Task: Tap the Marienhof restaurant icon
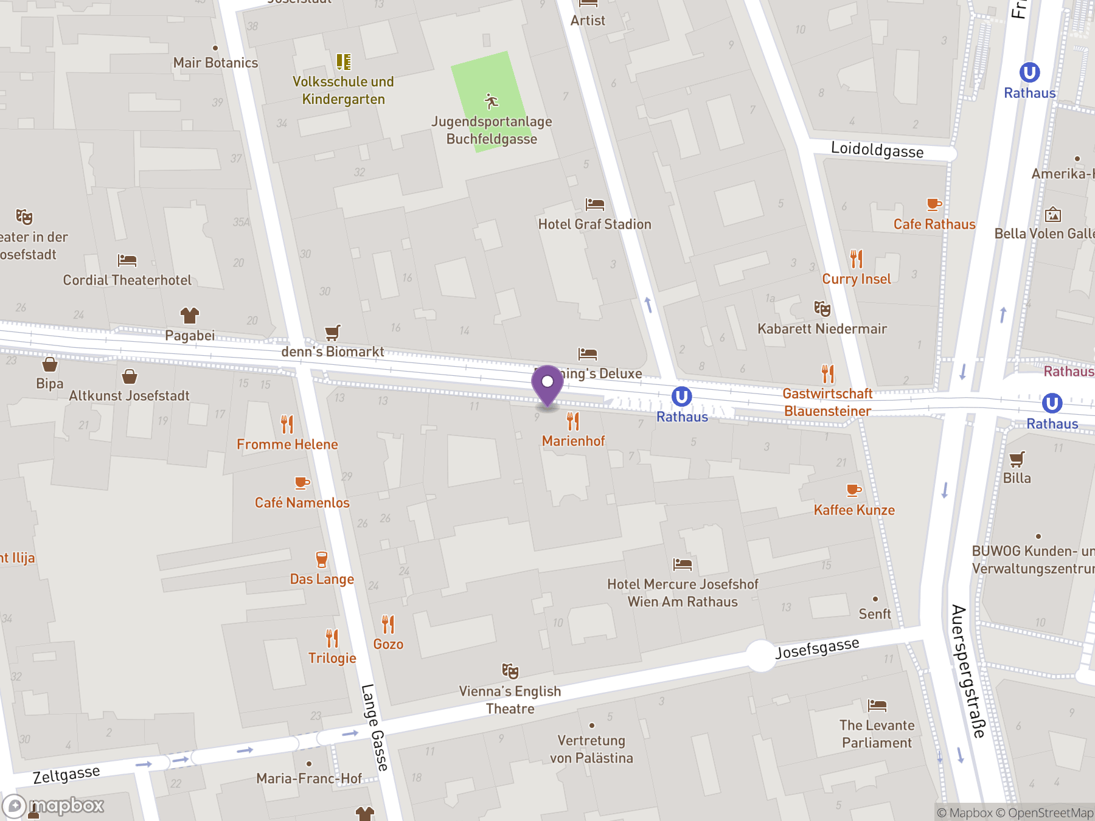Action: [573, 421]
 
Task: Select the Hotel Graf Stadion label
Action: [594, 224]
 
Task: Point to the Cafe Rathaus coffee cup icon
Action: [934, 204]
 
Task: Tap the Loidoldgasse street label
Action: [877, 150]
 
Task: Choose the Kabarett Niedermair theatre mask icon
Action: [822, 309]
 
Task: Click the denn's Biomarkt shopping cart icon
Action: [332, 332]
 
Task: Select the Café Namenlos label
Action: [302, 503]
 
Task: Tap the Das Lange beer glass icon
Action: [321, 559]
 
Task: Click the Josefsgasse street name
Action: [817, 648]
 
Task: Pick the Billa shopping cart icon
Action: [1017, 459]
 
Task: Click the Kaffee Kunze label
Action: [854, 510]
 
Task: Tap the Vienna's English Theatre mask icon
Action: [510, 671]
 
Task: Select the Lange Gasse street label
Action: [374, 727]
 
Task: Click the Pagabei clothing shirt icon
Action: [190, 316]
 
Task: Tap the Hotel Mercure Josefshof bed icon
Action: [682, 564]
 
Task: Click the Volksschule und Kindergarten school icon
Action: [344, 62]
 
